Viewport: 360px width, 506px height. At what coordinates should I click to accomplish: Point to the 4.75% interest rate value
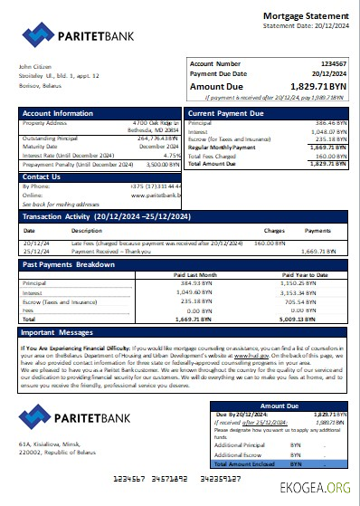point(163,155)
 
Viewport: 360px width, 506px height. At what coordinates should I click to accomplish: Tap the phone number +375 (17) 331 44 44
point(150,186)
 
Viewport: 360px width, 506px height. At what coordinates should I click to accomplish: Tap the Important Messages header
point(57,332)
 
